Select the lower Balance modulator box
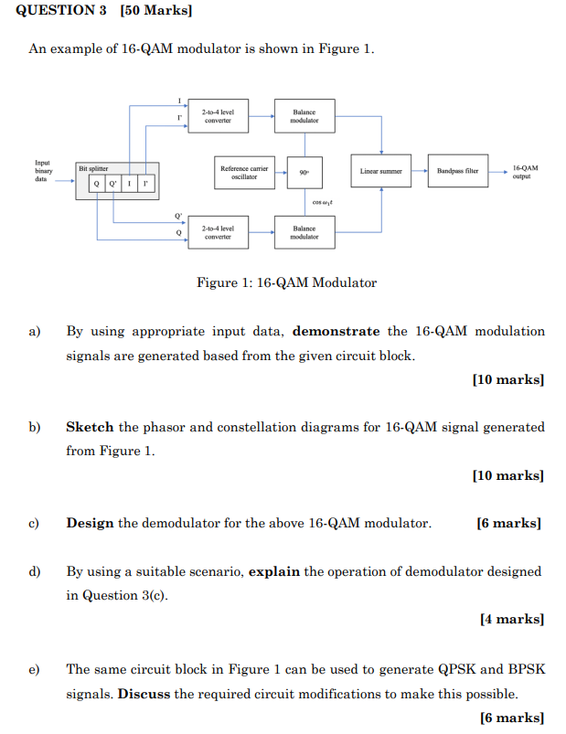pos(304,232)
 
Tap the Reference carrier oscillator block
pos(244,172)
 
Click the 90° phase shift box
pos(304,172)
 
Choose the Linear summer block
pos(380,172)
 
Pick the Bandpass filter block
pos(457,172)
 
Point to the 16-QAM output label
pos(525,172)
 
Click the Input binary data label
pos(44,171)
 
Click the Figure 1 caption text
pos(286,282)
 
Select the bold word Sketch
pos(90,427)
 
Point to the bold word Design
pos(90,523)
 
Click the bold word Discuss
pos(144,694)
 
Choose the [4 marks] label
pos(511,619)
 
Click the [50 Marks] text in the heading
pos(155,11)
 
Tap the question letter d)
pos(35,571)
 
